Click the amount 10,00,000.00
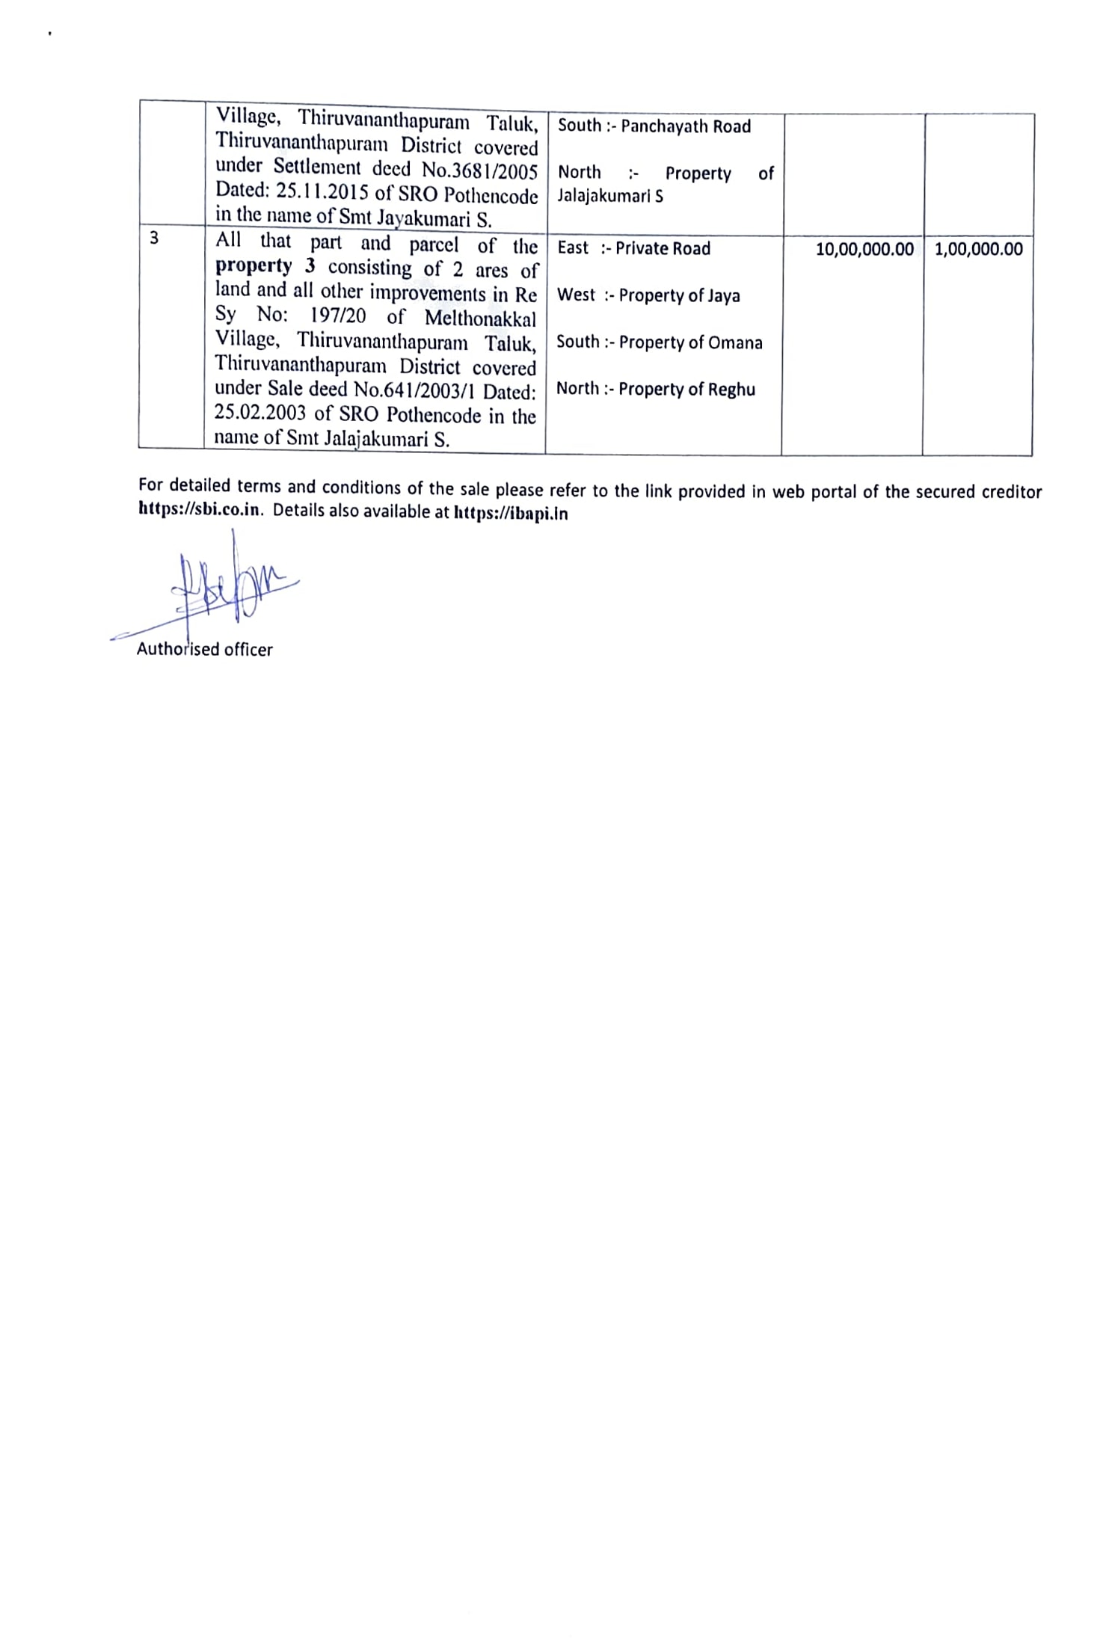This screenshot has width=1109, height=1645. pyautogui.click(x=864, y=250)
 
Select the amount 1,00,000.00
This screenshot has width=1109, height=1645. pyautogui.click(x=978, y=250)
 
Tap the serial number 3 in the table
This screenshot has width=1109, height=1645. pyautogui.click(x=154, y=239)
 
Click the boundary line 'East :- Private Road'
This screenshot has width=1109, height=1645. pyautogui.click(x=633, y=248)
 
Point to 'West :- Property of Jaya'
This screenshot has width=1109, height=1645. pyautogui.click(x=648, y=295)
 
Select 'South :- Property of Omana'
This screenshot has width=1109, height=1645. pyautogui.click(x=659, y=342)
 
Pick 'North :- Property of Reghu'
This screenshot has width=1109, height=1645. pyautogui.click(x=655, y=389)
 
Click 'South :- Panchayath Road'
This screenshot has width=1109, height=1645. pyautogui.click(x=654, y=126)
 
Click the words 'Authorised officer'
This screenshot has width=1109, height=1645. pyautogui.click(x=204, y=650)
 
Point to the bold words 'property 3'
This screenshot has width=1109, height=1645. pyautogui.click(x=265, y=267)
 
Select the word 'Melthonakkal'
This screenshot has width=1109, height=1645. pyautogui.click(x=480, y=318)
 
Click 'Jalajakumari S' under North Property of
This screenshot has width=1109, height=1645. pyautogui.click(x=609, y=197)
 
